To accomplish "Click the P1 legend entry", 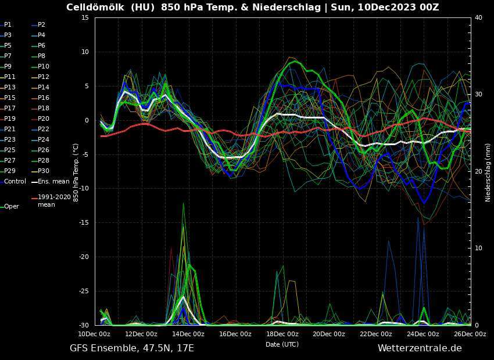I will click(8, 25).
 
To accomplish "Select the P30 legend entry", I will click(44, 171).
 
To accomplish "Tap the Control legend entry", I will click(15, 182).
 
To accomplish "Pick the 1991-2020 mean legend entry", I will click(54, 200).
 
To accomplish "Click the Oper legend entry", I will click(12, 206).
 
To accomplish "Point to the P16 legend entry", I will click(44, 98).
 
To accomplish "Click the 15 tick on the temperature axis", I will click(84, 17).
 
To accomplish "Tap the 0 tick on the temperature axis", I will click(86, 120).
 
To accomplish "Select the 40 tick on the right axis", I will click(478, 17).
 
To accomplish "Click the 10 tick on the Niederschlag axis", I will click(478, 248).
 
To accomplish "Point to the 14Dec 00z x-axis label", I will click(188, 334).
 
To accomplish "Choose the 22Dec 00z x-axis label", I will click(375, 334).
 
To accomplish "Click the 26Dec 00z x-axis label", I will click(470, 334).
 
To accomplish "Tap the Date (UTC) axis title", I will click(282, 344).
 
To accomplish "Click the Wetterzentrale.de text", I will click(419, 348).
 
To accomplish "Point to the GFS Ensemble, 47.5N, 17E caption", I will click(132, 348).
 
